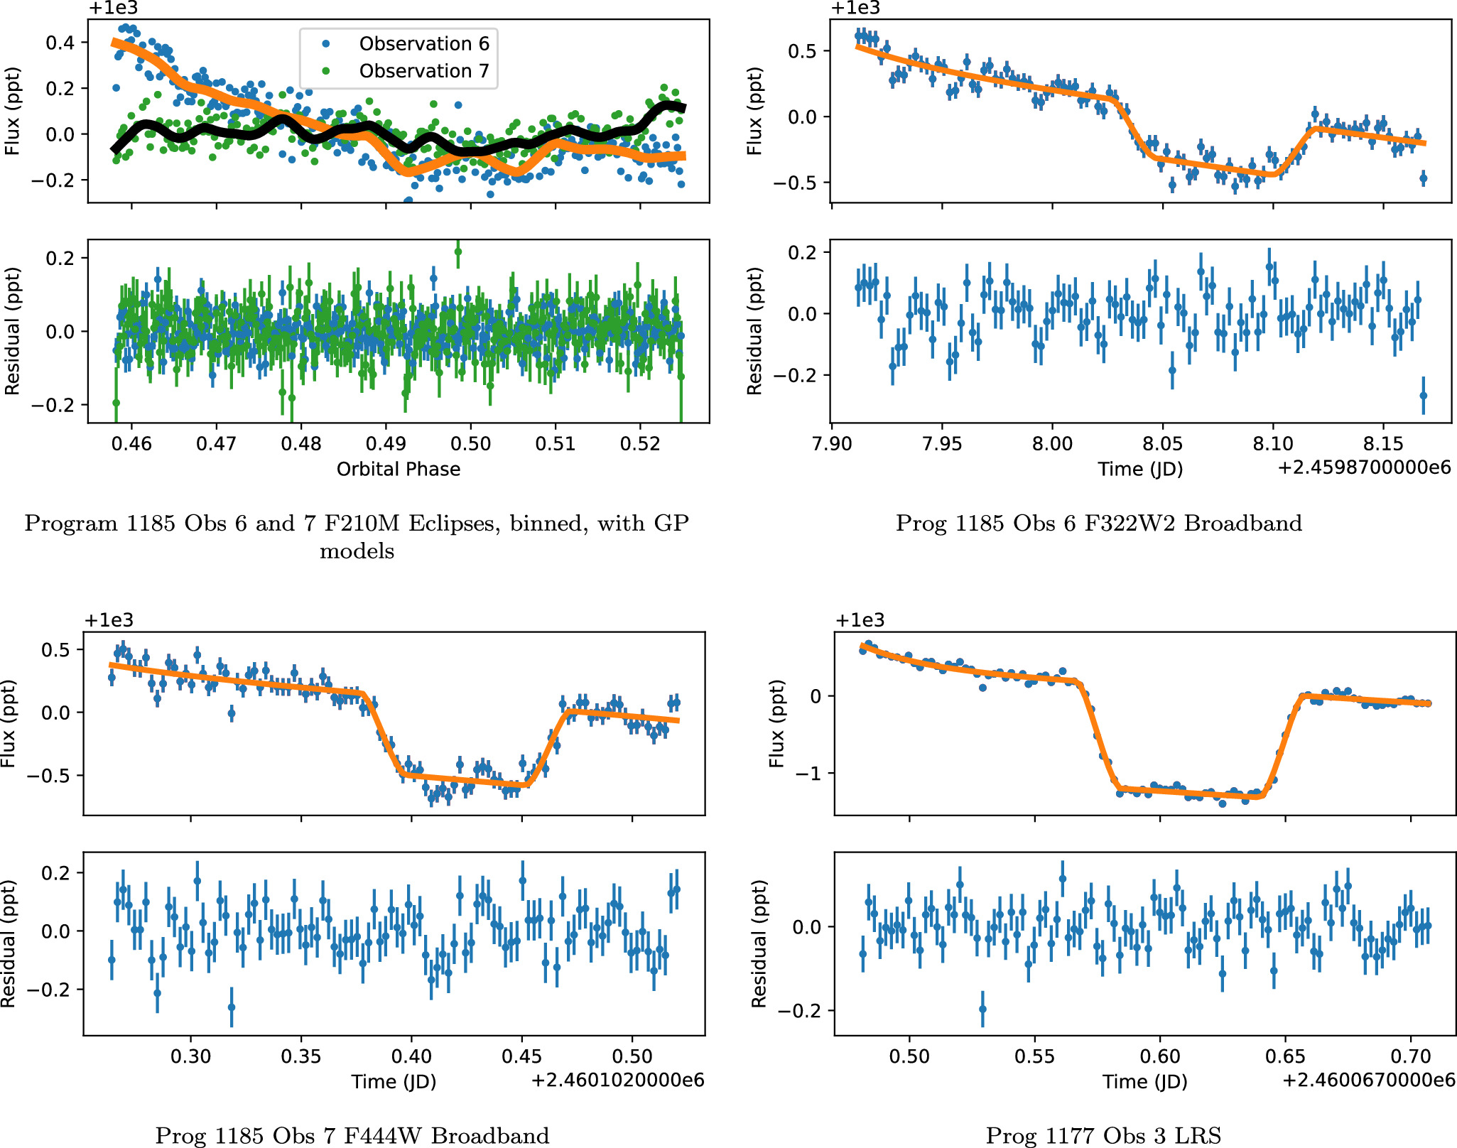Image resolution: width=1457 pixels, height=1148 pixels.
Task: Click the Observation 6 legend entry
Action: pos(423,44)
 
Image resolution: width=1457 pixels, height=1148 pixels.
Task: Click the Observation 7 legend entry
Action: pos(423,71)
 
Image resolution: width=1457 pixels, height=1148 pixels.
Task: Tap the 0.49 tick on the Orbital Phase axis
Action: pos(386,444)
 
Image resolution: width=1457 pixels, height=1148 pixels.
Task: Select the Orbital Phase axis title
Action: pos(398,470)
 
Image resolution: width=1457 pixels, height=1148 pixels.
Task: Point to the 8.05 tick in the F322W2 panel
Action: pos(1162,444)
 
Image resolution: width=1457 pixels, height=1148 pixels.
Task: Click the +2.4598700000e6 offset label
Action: pos(1363,468)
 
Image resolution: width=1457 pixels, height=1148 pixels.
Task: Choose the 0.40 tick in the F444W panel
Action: pos(411,1056)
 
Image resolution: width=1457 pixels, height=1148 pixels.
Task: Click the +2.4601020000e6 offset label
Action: pos(617,1081)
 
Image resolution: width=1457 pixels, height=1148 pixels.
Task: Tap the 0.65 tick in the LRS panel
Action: pos(1285,1056)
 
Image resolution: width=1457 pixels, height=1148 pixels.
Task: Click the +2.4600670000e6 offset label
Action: pos(1368,1081)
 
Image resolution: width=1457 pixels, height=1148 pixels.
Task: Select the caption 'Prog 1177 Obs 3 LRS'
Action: pos(1103,1136)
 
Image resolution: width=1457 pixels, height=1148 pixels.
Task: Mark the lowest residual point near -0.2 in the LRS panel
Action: pos(982,1009)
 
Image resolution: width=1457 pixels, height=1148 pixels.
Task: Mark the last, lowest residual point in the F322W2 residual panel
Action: pos(1423,396)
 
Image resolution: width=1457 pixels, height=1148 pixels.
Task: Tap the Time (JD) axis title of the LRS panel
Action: pos(1144,1081)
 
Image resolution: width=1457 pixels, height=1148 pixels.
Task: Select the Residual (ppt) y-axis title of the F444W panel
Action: pos(9,943)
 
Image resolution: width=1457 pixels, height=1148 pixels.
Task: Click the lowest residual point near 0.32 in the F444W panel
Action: pos(232,1007)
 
